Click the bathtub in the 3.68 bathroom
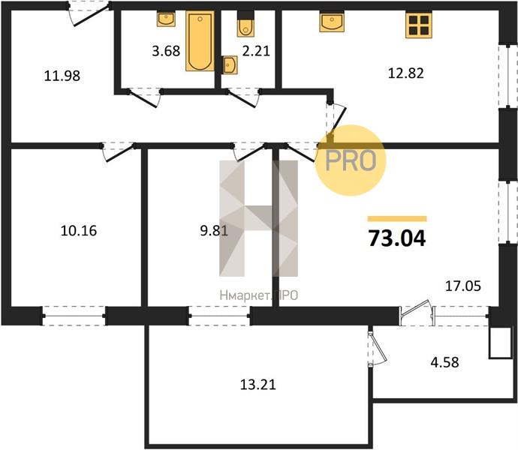tap(200, 41)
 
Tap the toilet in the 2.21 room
tap(245, 24)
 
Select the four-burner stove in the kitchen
tap(419, 25)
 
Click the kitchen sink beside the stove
tap(332, 22)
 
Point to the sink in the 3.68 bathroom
tap(166, 19)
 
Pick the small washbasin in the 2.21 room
tap(230, 64)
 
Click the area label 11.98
tap(62, 76)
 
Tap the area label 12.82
tap(405, 73)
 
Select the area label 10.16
tap(79, 231)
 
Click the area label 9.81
tap(214, 231)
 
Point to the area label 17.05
tap(463, 286)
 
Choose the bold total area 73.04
tap(397, 238)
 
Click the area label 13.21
tap(257, 385)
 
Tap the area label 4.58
tap(444, 362)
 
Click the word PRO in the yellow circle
tap(351, 160)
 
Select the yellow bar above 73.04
tap(397, 218)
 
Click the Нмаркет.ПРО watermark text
tap(259, 295)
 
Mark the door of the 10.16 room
tap(118, 151)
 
